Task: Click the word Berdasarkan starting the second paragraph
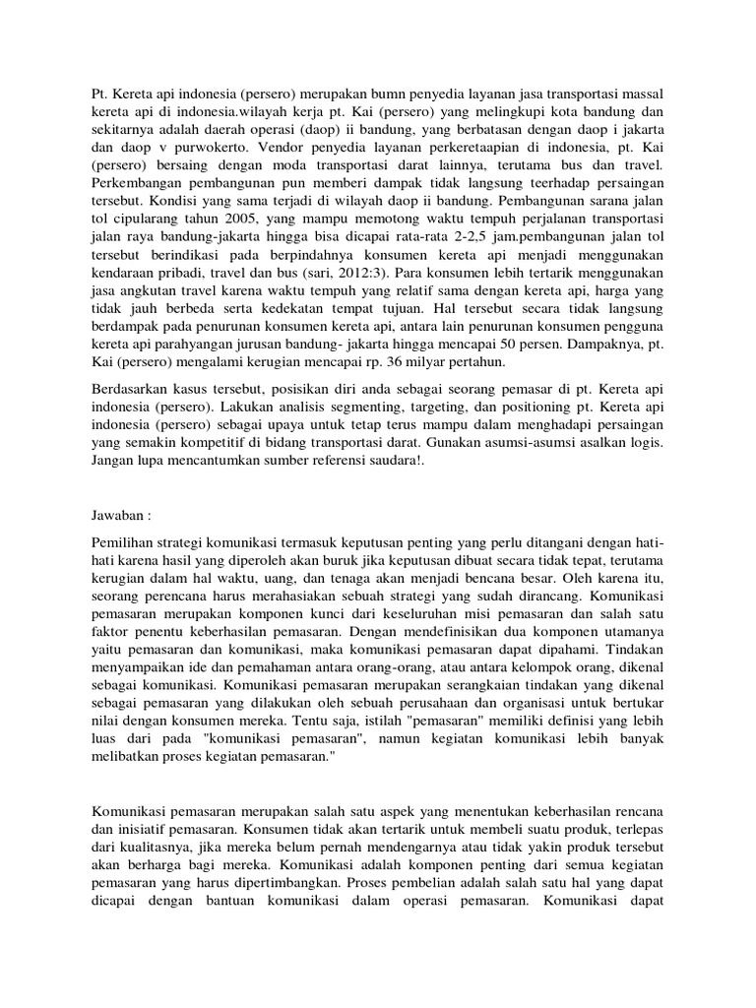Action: (x=133, y=396)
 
